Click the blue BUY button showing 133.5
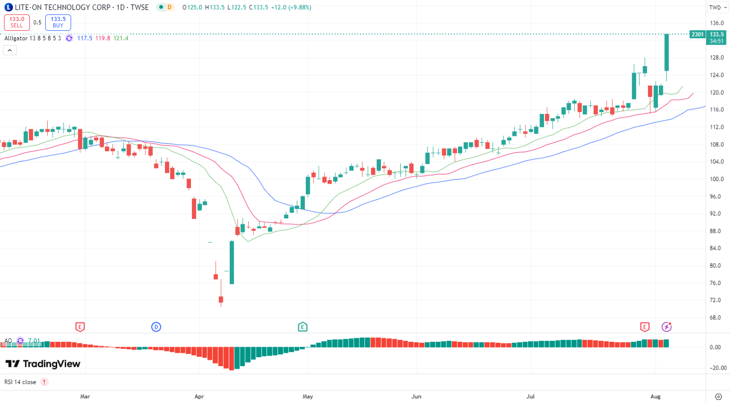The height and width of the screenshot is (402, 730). [x=58, y=22]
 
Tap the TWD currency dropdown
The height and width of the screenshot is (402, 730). [x=717, y=7]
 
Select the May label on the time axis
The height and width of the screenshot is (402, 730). [x=308, y=397]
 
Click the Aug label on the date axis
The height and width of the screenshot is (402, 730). [x=655, y=397]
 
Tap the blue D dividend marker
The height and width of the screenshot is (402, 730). [x=156, y=327]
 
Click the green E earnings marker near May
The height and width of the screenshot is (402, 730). [x=302, y=327]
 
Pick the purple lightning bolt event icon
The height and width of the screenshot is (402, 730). [x=667, y=327]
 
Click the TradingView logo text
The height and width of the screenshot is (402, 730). [x=43, y=364]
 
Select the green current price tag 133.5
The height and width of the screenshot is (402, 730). [x=717, y=34]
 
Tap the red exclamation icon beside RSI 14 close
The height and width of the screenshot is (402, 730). [x=44, y=382]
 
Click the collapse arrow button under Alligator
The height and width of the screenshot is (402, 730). [x=10, y=50]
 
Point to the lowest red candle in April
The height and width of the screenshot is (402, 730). [x=221, y=299]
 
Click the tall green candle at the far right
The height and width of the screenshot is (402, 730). [x=667, y=52]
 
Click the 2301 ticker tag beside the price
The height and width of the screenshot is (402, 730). [x=697, y=34]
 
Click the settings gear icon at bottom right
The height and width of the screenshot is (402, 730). [x=718, y=397]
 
